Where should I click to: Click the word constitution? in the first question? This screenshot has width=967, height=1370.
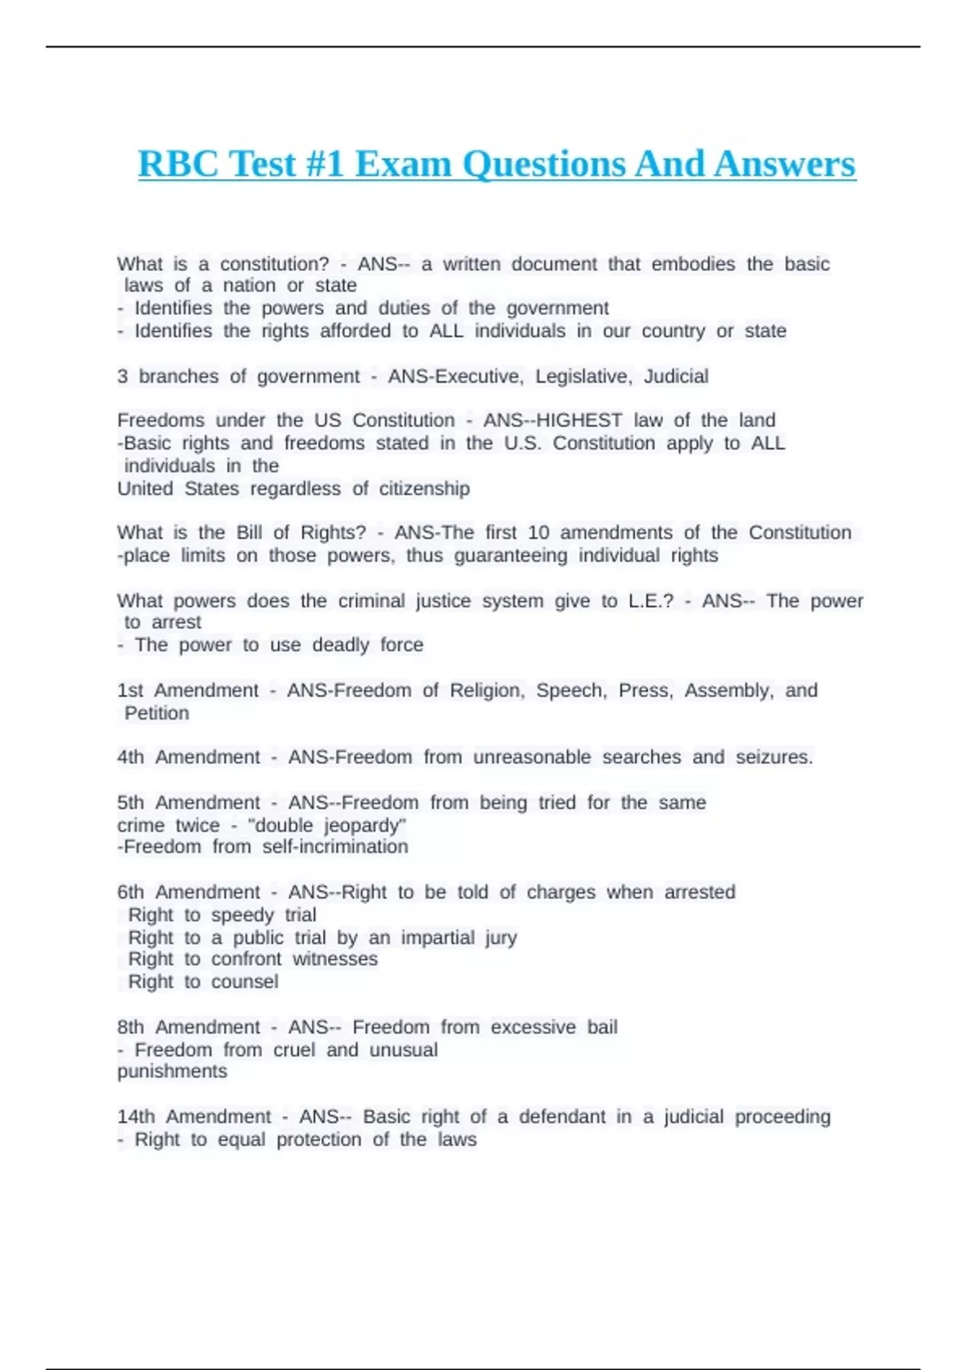[274, 264]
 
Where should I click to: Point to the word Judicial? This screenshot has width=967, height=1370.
[676, 376]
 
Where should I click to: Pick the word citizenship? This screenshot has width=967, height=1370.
[424, 489]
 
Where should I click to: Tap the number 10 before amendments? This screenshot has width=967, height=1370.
[538, 533]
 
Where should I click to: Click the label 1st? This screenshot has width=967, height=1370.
[131, 691]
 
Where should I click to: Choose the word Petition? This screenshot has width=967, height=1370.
[157, 713]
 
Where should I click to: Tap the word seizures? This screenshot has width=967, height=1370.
[774, 758]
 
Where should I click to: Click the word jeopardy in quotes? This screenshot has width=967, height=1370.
[365, 826]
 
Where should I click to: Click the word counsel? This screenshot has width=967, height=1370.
[245, 982]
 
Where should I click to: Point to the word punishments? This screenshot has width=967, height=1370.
[172, 1072]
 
